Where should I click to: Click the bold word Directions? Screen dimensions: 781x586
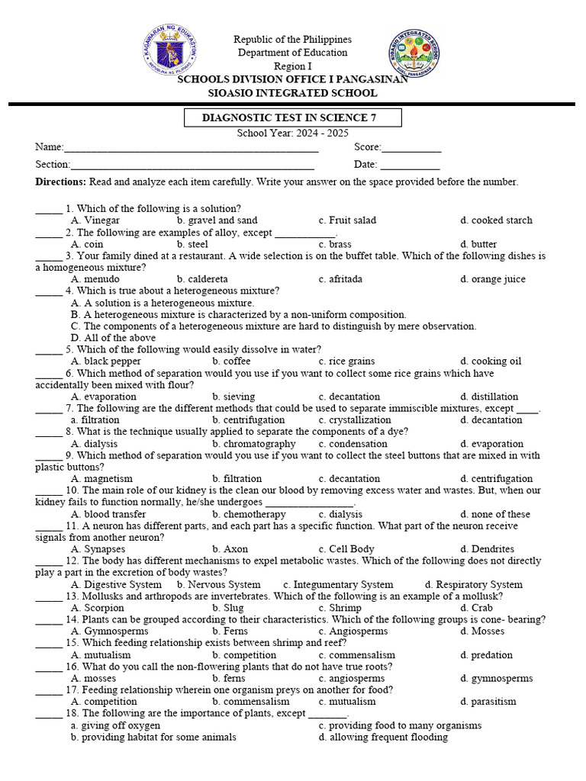tap(61, 182)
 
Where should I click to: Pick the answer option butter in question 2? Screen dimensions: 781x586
tap(479, 244)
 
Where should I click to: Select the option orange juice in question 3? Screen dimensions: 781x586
tap(493, 279)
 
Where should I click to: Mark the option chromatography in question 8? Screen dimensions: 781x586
tap(254, 444)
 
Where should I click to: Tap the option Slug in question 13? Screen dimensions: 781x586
tap(228, 608)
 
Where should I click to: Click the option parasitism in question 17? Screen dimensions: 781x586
tap(488, 702)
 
